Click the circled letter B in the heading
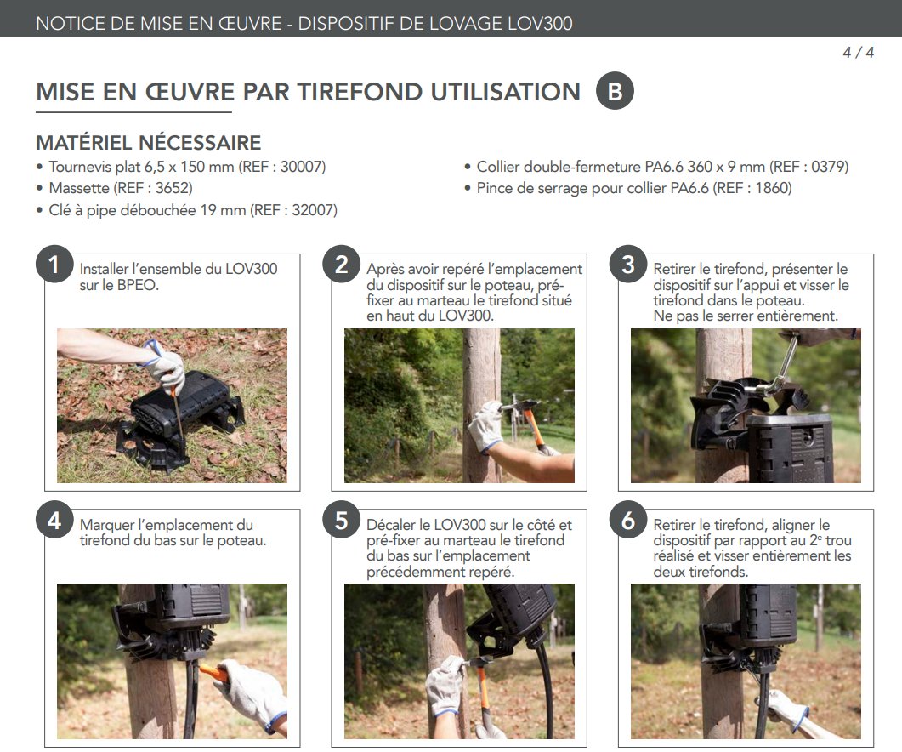[615, 91]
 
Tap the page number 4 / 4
[858, 53]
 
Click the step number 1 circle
[54, 265]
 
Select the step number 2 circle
[341, 265]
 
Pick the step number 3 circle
[628, 265]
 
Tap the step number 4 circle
[54, 520]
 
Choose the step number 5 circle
[341, 520]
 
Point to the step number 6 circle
[628, 520]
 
